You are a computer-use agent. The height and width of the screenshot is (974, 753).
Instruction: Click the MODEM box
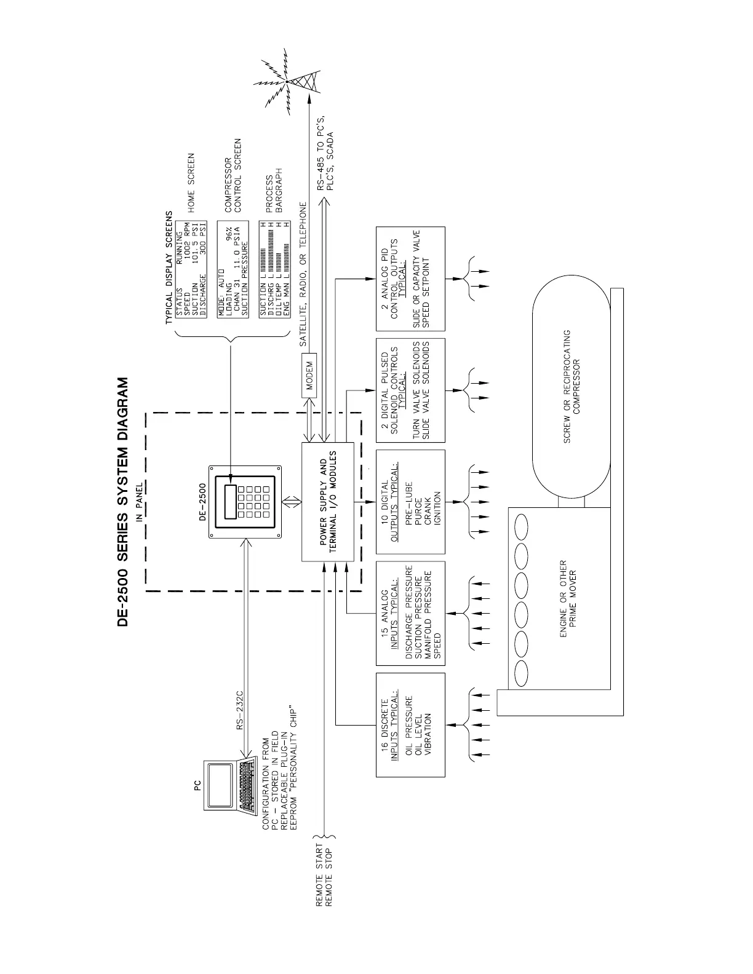(x=309, y=376)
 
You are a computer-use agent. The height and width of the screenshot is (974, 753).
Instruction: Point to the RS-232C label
(x=241, y=710)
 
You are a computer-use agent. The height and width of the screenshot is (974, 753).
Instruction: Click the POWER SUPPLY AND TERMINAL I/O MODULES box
(x=328, y=502)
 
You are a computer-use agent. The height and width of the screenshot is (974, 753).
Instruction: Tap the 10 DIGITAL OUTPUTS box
(x=410, y=502)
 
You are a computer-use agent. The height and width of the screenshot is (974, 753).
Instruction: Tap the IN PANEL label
(x=140, y=502)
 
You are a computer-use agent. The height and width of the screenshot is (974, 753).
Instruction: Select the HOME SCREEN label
(x=191, y=183)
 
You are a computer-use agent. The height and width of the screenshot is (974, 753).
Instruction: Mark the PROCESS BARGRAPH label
(x=274, y=191)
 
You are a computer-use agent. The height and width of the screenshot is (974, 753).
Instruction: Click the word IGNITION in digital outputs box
(x=437, y=507)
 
